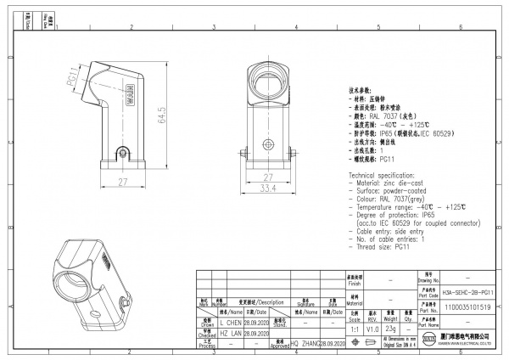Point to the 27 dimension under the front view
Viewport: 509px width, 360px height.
pos(267,178)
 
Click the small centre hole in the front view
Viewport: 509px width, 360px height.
pos(267,143)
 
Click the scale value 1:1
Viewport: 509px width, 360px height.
pos(355,327)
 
